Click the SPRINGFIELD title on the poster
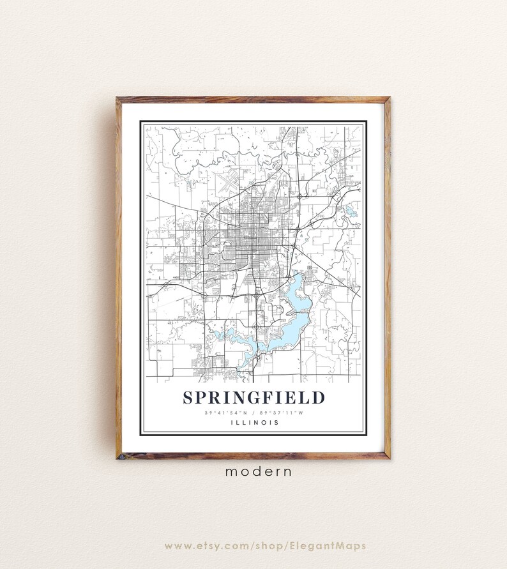[253, 398]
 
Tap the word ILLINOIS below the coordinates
[253, 422]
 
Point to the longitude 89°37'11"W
[280, 413]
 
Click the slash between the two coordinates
[253, 413]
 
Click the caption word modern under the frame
[258, 472]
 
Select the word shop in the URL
[268, 546]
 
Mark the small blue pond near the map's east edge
[351, 210]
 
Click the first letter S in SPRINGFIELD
[188, 398]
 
